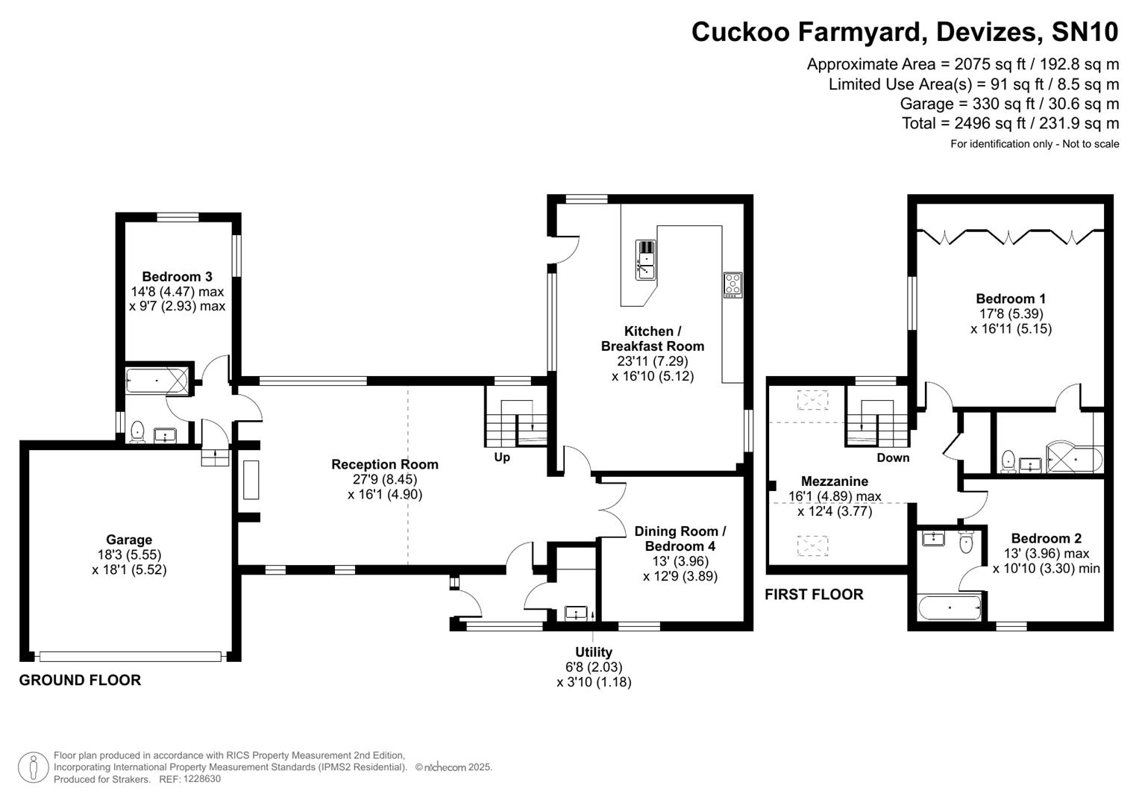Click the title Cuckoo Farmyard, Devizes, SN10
(x=904, y=32)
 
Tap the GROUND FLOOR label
(x=80, y=680)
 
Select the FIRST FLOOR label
(x=814, y=594)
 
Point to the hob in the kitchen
(x=732, y=285)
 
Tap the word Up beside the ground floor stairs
(x=502, y=457)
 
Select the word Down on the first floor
(x=893, y=457)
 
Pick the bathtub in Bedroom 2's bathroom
(x=949, y=607)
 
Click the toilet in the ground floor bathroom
(x=137, y=432)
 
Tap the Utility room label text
(x=594, y=652)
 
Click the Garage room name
(x=129, y=540)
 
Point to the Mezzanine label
(x=835, y=481)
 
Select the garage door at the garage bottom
(x=131, y=656)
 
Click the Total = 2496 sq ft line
(x=1010, y=123)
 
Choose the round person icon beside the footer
(x=33, y=767)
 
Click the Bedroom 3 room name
(x=177, y=276)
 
